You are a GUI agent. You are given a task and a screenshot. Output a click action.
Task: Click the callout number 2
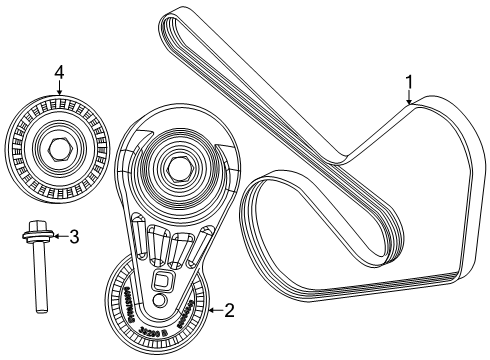[x=229, y=310]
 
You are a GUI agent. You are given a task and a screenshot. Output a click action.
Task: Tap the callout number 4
[x=59, y=72]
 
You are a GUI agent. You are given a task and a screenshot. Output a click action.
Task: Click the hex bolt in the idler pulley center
[x=58, y=147]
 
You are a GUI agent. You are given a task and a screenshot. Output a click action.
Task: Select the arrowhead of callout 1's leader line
[x=409, y=102]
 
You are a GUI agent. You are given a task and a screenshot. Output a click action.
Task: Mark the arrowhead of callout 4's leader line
[x=59, y=93]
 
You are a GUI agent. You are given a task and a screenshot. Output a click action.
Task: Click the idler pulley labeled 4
[x=57, y=147]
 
